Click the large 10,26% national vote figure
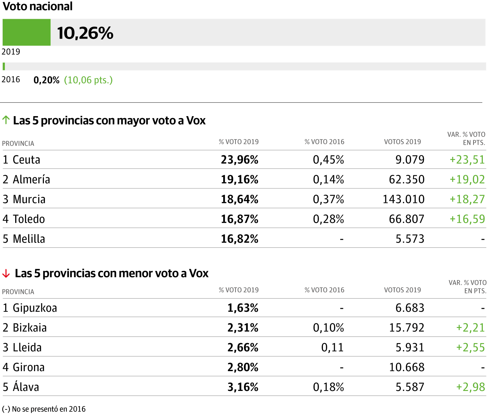[85, 33]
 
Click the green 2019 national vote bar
[26, 32]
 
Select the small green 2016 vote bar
[4, 66]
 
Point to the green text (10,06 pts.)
[88, 80]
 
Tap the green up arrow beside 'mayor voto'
[6, 120]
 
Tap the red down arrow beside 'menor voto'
[6, 273]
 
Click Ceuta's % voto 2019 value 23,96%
[239, 160]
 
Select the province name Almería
[31, 179]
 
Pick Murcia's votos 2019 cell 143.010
[403, 199]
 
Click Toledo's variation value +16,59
[467, 219]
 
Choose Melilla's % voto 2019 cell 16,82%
[239, 239]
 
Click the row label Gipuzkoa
[35, 308]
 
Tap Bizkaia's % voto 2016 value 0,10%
[328, 328]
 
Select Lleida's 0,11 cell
[332, 348]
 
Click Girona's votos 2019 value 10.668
[406, 368]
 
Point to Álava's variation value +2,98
[470, 387]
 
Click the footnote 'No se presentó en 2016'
[49, 409]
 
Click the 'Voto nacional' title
[38, 6]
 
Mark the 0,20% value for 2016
[47, 80]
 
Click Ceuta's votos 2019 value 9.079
[410, 160]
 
